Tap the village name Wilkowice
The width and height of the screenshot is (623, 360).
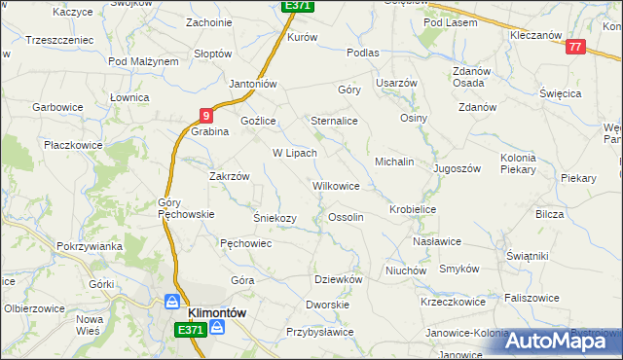[x=336, y=185]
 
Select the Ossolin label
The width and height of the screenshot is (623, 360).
[x=346, y=217]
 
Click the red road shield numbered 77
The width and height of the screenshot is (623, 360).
[x=576, y=47]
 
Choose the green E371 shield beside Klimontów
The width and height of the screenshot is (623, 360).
[x=191, y=331]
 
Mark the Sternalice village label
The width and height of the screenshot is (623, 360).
[x=334, y=121]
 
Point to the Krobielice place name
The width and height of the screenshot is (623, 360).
[x=412, y=209]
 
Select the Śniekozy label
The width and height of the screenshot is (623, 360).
[x=275, y=218]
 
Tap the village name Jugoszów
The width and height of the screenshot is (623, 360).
[x=458, y=168]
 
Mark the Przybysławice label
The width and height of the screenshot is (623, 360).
[x=319, y=332]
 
